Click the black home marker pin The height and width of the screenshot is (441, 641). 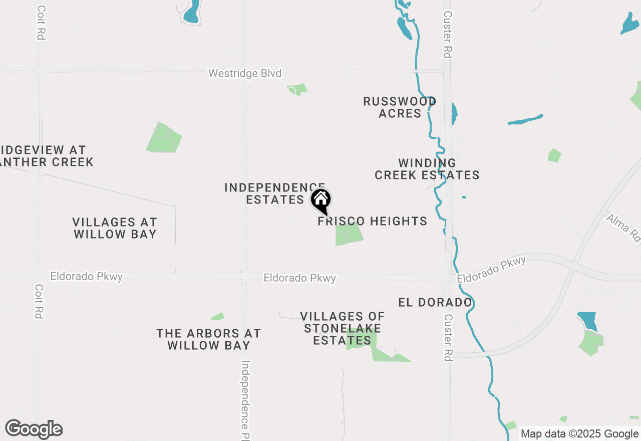[x=321, y=200]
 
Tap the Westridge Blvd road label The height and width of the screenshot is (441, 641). [x=245, y=74]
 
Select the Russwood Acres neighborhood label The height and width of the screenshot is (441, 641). [x=400, y=107]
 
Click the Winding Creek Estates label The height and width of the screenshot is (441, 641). [x=427, y=169]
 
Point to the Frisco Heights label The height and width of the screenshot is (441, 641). [x=373, y=221]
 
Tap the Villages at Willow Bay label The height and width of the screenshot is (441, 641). [x=115, y=228]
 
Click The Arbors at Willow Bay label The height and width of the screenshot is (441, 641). [x=209, y=339]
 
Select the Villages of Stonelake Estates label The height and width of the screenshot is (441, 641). [x=343, y=328]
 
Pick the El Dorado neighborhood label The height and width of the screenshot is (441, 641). [x=435, y=302]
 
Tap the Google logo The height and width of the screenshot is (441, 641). [x=34, y=429]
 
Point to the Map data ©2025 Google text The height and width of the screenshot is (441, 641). [x=579, y=434]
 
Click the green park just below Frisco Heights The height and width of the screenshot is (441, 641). [x=349, y=235]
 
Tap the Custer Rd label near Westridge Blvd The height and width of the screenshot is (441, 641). [x=448, y=34]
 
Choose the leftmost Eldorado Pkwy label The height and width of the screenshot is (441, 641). [x=86, y=277]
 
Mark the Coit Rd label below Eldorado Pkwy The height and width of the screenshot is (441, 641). [x=39, y=302]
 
